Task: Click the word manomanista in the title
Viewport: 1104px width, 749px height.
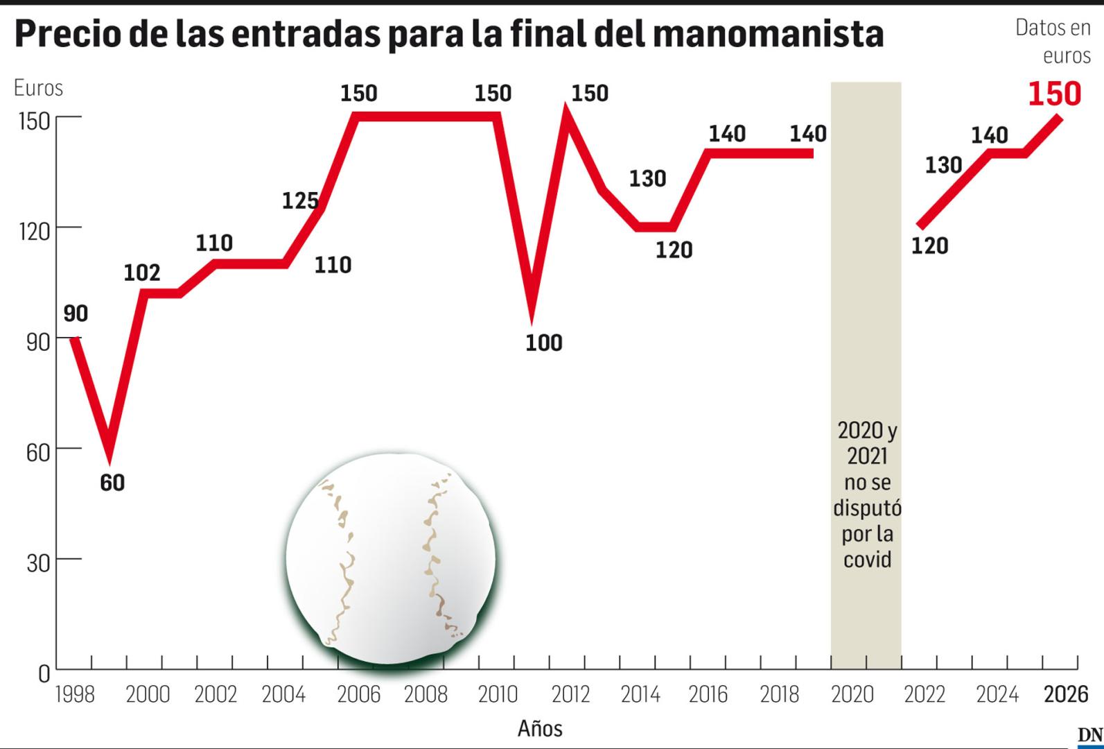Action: (x=768, y=33)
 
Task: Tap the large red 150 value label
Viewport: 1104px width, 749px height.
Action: (x=1054, y=94)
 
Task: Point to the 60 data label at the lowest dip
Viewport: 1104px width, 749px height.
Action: (x=112, y=482)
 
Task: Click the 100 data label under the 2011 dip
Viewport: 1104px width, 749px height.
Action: (x=543, y=343)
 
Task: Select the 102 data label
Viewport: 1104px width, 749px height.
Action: (x=142, y=273)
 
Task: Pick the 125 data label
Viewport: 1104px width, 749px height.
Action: (x=300, y=201)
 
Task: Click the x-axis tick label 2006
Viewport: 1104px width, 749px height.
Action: (x=358, y=694)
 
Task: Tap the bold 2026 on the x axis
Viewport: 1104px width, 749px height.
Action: (x=1066, y=694)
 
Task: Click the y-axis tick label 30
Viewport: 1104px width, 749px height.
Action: (x=38, y=563)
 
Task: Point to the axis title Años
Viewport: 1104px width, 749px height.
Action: (x=540, y=729)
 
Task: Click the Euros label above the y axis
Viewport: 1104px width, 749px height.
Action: (x=38, y=88)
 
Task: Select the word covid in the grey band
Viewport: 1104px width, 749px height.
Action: (x=866, y=560)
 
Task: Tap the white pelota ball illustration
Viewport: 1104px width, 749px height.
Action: (x=391, y=559)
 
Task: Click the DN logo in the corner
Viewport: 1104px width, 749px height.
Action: (x=1089, y=736)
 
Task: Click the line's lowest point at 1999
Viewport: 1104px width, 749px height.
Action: (x=109, y=454)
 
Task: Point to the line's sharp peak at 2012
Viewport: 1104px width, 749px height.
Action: (x=568, y=111)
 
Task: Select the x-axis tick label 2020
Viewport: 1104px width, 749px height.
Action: (x=852, y=694)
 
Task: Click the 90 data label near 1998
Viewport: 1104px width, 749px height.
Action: (x=76, y=313)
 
